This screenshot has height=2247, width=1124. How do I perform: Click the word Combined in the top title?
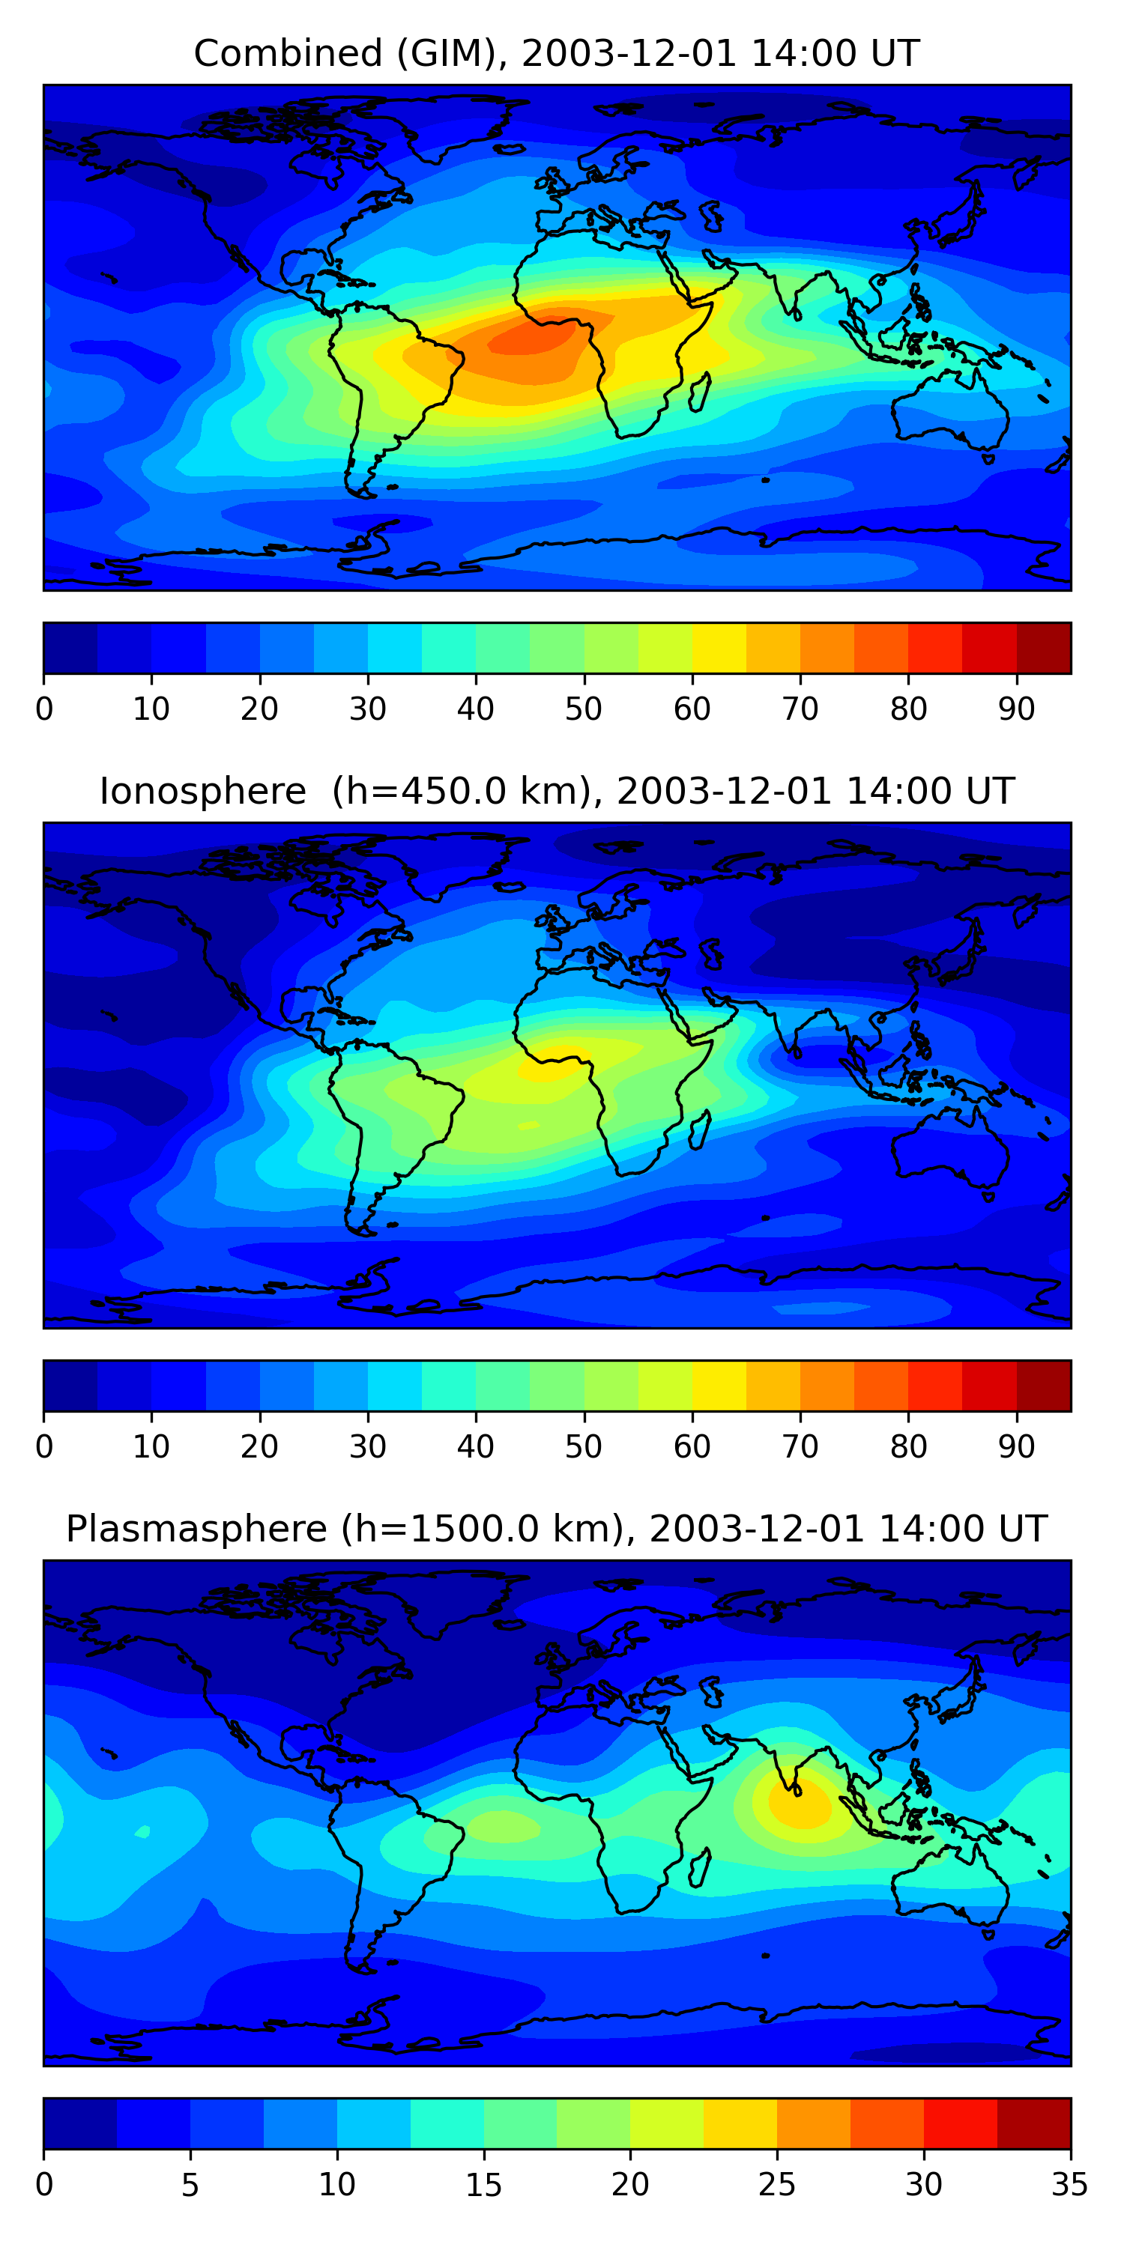pos(287,54)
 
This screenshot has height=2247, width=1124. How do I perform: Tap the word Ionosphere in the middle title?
pos(202,792)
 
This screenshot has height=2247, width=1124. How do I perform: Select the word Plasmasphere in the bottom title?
pos(196,1529)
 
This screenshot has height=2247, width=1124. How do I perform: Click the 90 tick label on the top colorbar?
pos(1017,709)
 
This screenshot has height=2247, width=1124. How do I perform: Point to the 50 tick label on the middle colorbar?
pos(584,1446)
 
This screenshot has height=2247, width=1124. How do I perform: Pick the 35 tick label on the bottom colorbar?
pos(1070,2184)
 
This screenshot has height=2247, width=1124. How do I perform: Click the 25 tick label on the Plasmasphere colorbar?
pos(776,2184)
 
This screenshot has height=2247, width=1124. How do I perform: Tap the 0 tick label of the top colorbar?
pos(44,709)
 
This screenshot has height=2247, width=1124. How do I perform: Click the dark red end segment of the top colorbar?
pos(1044,648)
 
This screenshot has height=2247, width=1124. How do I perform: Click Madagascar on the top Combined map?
pos(699,392)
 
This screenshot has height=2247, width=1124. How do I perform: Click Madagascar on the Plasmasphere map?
pos(699,1869)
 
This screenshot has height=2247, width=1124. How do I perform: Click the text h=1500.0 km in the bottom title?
pos(483,1529)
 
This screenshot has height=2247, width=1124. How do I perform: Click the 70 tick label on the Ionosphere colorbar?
pos(800,1446)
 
